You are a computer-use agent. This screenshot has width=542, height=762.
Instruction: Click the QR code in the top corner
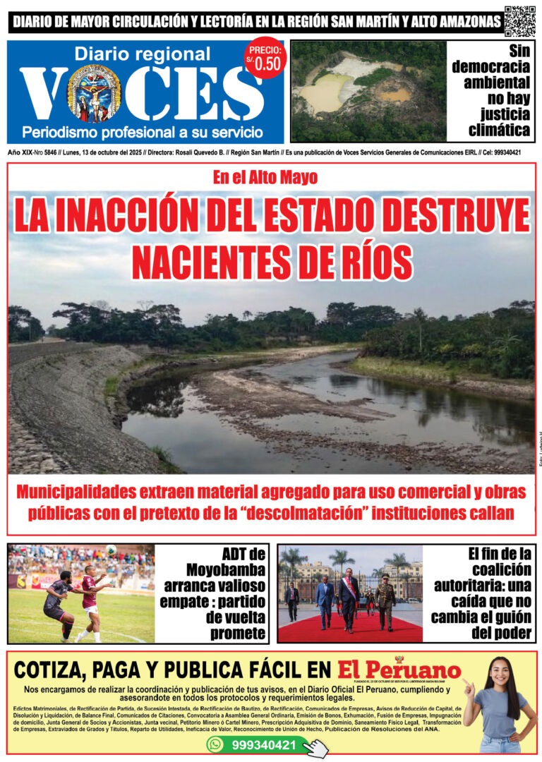(x=520, y=21)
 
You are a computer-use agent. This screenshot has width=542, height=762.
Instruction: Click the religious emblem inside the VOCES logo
(x=94, y=94)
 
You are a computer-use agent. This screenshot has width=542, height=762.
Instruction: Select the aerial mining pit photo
(x=368, y=91)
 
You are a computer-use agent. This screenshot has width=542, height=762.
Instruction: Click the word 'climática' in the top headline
(x=499, y=130)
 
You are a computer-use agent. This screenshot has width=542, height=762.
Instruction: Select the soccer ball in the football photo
(x=112, y=550)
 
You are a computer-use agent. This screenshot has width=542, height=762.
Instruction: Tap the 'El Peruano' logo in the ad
(x=399, y=669)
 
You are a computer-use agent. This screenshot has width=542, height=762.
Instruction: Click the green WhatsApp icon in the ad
(x=215, y=744)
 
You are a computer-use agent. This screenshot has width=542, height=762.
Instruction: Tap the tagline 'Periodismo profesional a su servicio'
(x=143, y=132)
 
